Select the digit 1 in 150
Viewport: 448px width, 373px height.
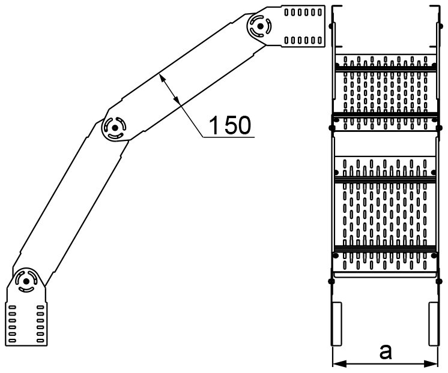[x=214, y=124]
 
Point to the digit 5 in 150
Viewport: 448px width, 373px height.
[x=228, y=124]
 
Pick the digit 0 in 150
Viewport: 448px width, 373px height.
[x=244, y=124]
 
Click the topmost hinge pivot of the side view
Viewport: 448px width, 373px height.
[x=259, y=27]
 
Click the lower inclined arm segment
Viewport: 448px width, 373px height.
[x=69, y=204]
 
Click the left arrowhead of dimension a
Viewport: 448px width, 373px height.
[x=336, y=362]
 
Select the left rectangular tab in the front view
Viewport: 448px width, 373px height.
[x=338, y=323]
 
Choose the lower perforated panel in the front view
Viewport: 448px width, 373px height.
[x=384, y=213]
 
